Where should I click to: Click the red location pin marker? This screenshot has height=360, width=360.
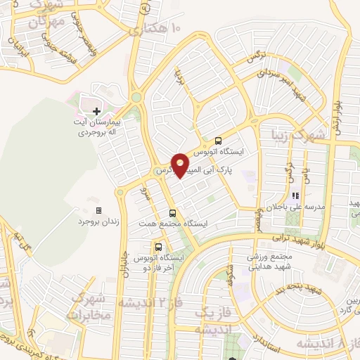point(181,165)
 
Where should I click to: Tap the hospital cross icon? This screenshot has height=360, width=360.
point(96,110)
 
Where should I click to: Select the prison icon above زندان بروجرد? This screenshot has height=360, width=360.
point(98,210)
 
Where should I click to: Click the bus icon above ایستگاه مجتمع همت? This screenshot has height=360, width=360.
point(173,213)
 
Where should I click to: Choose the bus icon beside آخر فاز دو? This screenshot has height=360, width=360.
point(158,247)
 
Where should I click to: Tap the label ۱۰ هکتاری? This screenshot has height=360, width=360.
point(154,30)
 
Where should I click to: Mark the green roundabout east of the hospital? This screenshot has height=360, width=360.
point(136,98)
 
